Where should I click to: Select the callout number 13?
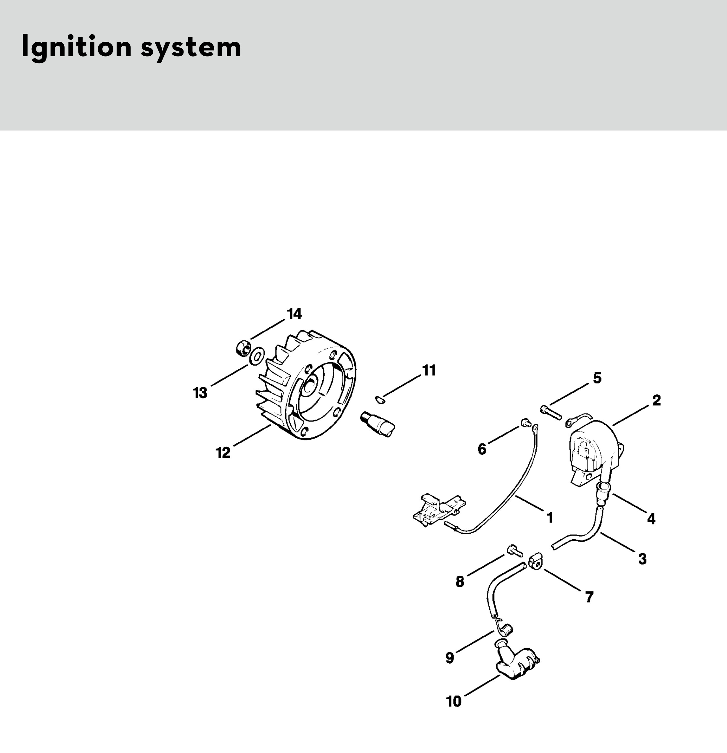tap(200, 393)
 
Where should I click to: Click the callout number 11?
tap(429, 371)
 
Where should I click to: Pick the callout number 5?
tap(597, 378)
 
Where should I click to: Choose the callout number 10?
tap(454, 701)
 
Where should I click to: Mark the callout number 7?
tap(589, 597)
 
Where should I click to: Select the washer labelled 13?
tap(256, 355)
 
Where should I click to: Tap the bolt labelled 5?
tap(551, 412)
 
